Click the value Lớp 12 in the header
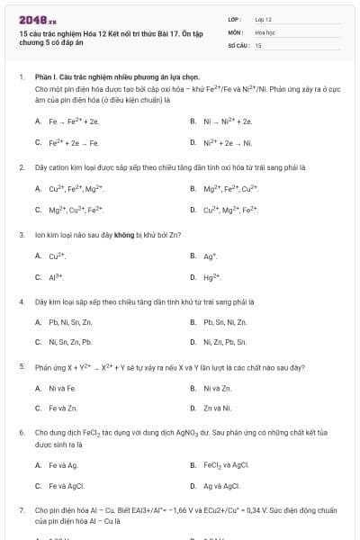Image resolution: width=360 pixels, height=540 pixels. click(263, 18)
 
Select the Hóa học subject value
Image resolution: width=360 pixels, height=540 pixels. click(265, 31)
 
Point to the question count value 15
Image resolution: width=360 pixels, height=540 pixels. click(258, 44)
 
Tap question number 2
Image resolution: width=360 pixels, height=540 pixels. click(21, 167)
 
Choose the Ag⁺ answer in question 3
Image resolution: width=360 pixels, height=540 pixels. click(209, 256)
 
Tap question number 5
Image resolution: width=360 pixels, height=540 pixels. click(21, 367)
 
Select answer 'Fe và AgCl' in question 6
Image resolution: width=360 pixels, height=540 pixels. click(65, 487)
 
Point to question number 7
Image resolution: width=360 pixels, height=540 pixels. click(21, 509)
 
